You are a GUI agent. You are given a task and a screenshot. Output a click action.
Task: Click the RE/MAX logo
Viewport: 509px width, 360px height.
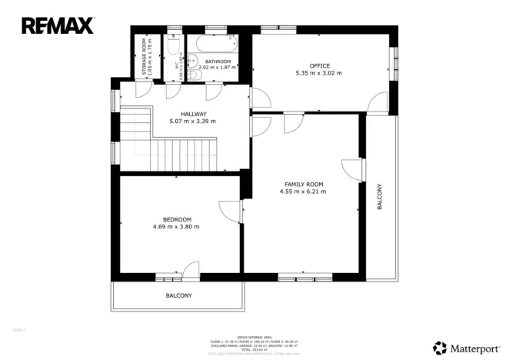pyautogui.click(x=58, y=25)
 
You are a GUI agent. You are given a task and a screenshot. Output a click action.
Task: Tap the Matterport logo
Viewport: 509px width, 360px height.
pyautogui.click(x=466, y=347)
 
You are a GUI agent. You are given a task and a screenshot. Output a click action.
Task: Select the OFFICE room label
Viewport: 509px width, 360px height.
pyautogui.click(x=319, y=65)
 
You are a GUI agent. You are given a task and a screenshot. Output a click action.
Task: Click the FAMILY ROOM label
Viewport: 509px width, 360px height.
pyautogui.click(x=304, y=185)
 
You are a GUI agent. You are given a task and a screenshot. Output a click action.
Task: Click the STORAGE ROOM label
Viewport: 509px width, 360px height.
pyautogui.click(x=144, y=55)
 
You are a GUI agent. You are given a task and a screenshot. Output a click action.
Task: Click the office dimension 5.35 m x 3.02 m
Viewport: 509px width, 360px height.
pyautogui.click(x=319, y=73)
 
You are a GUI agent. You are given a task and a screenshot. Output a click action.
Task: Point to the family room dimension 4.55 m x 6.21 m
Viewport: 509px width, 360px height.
pyautogui.click(x=304, y=192)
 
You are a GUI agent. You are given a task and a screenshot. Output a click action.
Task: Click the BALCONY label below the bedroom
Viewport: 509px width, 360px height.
pyautogui.click(x=178, y=295)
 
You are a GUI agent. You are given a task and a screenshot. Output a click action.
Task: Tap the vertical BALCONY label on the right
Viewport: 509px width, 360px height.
pyautogui.click(x=379, y=197)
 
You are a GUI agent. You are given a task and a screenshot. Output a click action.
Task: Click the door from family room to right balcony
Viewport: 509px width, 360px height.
pyautogui.click(x=352, y=170)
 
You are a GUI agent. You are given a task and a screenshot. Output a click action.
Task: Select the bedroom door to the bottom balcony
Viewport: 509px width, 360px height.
pyautogui.click(x=190, y=269)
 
